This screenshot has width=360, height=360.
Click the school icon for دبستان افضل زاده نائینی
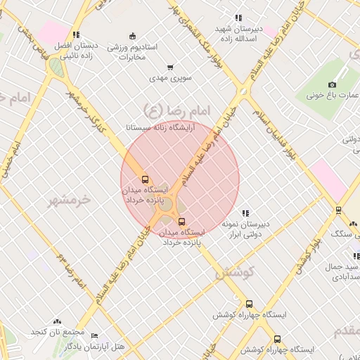(76, 34)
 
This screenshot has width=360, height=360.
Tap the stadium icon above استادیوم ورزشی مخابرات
(132, 36)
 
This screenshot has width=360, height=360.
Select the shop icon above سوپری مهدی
(163, 67)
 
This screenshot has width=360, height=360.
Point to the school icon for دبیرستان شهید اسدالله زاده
(238, 18)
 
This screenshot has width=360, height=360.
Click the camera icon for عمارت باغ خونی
(332, 84)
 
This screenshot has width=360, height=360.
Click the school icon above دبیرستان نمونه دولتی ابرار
(245, 213)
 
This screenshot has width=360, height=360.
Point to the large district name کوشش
(231, 271)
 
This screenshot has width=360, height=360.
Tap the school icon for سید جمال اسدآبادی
(356, 257)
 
